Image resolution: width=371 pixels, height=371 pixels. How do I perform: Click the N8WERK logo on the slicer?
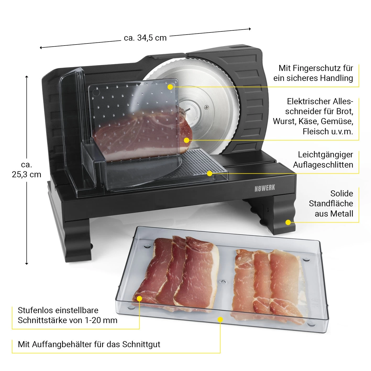(x=264, y=188)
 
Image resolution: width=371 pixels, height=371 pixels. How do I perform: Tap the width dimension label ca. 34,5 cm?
(x=145, y=38)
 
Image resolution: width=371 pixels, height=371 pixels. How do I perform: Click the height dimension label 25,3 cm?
(x=26, y=174)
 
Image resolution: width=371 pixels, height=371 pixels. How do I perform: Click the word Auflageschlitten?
(x=323, y=165)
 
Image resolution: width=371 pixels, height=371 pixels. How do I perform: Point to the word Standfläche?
(x=331, y=203)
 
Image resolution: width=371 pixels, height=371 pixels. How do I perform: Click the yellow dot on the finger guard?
(x=170, y=86)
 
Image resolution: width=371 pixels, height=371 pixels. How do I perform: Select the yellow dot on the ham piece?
(x=186, y=140)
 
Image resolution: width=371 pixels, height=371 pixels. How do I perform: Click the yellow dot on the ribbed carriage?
(x=209, y=173)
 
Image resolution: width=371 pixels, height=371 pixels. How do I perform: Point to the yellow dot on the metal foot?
(x=288, y=222)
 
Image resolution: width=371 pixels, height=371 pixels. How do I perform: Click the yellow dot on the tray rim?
(x=220, y=319)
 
